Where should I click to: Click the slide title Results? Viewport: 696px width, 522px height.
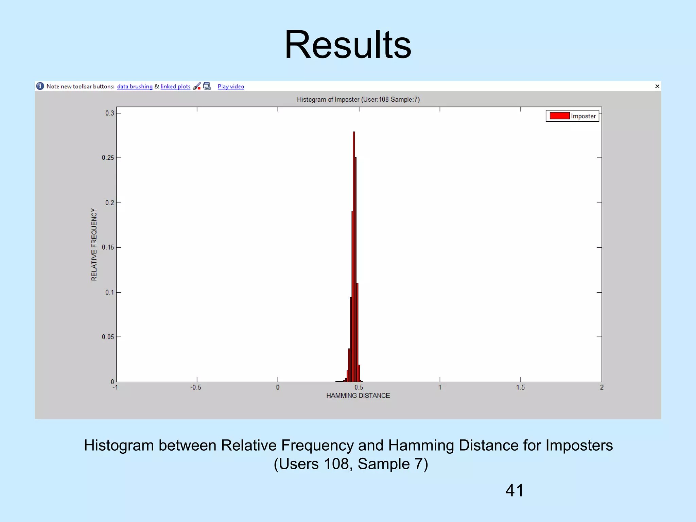[x=348, y=45]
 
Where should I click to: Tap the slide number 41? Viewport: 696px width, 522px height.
[x=515, y=490]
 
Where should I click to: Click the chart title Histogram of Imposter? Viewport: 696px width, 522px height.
[x=358, y=100]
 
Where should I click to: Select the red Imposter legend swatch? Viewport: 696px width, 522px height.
[x=559, y=116]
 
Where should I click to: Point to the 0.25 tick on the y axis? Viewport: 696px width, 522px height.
[x=108, y=158]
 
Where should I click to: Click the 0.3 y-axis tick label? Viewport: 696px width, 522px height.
[x=109, y=113]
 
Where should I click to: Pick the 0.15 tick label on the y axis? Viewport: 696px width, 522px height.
[x=108, y=247]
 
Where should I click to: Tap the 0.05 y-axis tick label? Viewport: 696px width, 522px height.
[x=108, y=337]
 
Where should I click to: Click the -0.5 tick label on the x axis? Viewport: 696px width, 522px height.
[x=196, y=387]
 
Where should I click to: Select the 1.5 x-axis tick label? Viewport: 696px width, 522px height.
[x=520, y=387]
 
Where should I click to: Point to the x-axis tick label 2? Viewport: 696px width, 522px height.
[x=602, y=387]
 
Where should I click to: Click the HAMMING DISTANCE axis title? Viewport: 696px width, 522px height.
[x=358, y=396]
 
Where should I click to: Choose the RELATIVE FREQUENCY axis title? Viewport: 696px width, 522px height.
[x=94, y=245]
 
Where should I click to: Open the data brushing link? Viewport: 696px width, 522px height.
[x=135, y=86]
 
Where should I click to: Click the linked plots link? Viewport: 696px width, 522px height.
[x=175, y=86]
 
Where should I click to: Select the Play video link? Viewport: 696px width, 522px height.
[x=231, y=86]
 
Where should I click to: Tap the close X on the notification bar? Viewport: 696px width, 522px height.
[x=657, y=86]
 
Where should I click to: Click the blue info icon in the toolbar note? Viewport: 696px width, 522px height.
[x=40, y=86]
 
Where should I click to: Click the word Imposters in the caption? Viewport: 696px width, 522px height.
[x=579, y=445]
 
